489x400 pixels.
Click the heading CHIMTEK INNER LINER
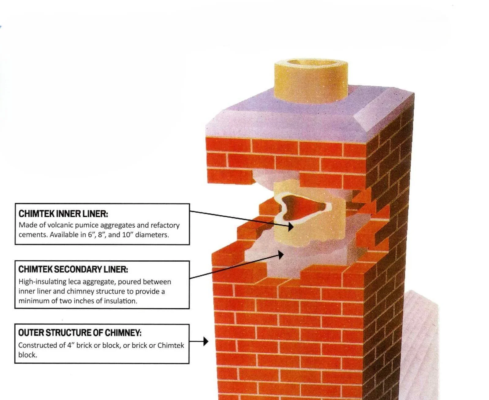(x=63, y=213)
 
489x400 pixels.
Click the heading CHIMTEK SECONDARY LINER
(x=73, y=269)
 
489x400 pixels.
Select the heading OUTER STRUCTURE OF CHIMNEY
(x=80, y=332)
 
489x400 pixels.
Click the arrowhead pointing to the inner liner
(x=290, y=226)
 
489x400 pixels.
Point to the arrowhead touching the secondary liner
(x=280, y=255)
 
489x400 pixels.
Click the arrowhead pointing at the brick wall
(x=206, y=341)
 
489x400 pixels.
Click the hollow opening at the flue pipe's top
(x=311, y=63)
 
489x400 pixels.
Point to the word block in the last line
(x=27, y=355)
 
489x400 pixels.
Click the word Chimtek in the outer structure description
(x=171, y=345)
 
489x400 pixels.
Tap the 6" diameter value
(x=90, y=235)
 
